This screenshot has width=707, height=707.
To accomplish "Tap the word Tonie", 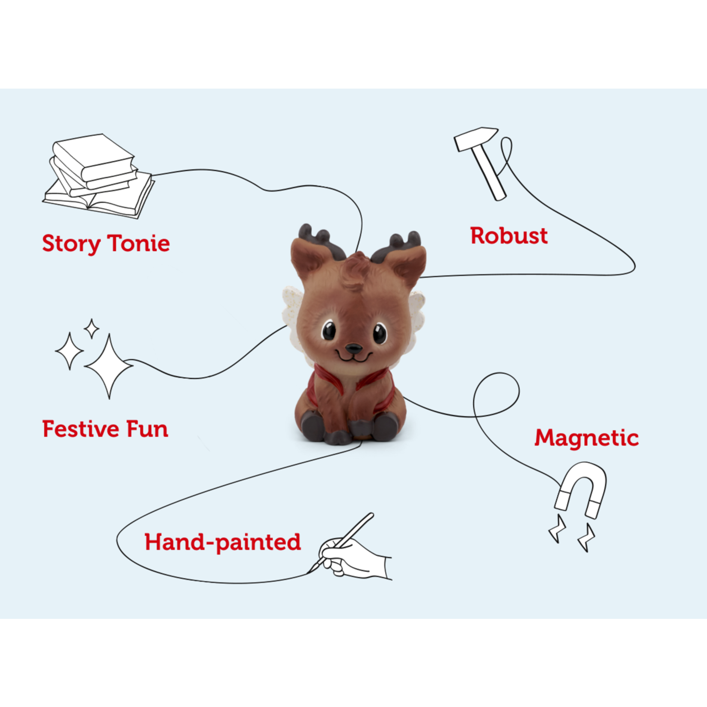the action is click(139, 243).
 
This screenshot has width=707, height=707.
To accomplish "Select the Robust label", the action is click(509, 236).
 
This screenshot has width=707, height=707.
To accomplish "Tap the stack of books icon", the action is click(98, 175).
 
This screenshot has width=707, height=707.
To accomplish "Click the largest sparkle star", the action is click(108, 366).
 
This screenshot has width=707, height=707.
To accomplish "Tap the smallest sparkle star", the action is click(92, 329).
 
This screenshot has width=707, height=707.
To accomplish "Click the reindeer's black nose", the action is click(354, 348).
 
